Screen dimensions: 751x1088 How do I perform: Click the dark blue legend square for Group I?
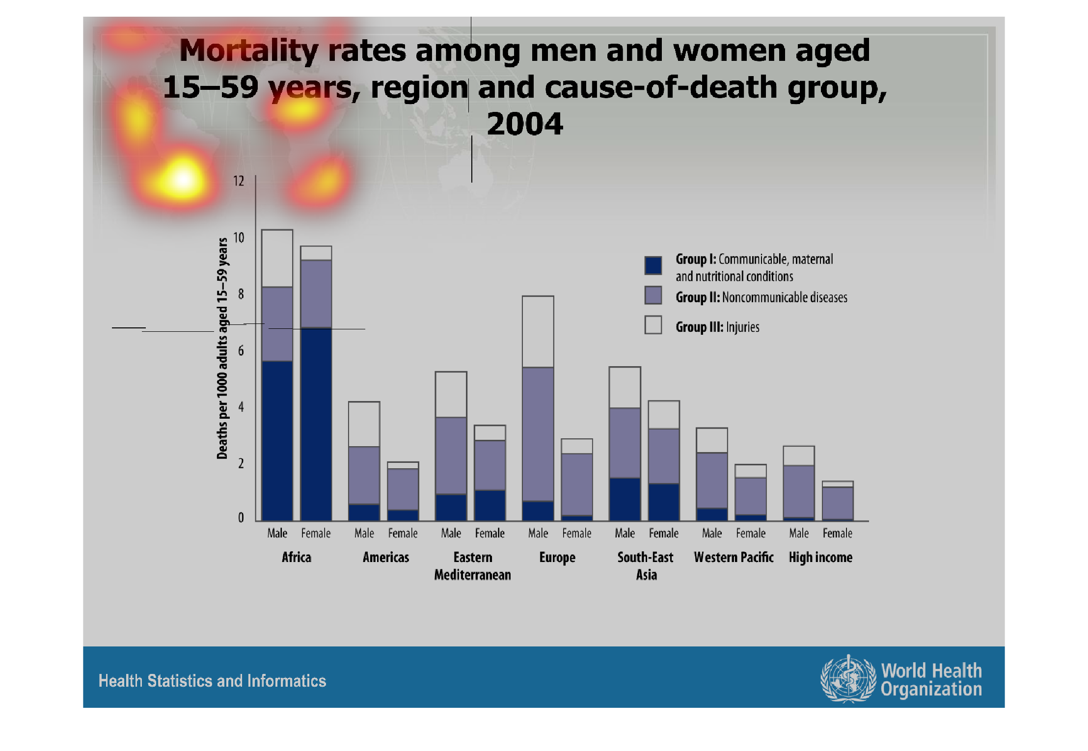pyautogui.click(x=653, y=265)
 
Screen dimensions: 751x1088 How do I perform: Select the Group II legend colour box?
pyautogui.click(x=653, y=295)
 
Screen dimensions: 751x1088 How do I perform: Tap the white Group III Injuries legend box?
pyautogui.click(x=653, y=325)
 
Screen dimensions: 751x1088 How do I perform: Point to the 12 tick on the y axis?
pyautogui.click(x=239, y=181)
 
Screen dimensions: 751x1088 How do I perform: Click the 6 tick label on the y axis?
pyautogui.click(x=241, y=350)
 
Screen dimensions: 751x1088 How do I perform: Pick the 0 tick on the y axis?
pyautogui.click(x=241, y=517)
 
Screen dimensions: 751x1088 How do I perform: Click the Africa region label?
pyautogui.click(x=297, y=558)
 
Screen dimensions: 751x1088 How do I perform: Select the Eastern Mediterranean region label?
pyautogui.click(x=472, y=566)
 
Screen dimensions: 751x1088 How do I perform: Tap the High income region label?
pyautogui.click(x=820, y=558)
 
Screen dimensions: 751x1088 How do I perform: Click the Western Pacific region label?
pyautogui.click(x=734, y=558)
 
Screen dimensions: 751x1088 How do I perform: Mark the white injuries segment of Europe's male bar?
pyautogui.click(x=538, y=332)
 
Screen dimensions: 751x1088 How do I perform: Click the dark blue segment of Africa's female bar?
pyautogui.click(x=316, y=424)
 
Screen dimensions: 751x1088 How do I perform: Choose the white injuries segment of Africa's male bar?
pyautogui.click(x=277, y=258)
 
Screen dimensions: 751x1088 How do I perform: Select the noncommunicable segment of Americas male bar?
pyautogui.click(x=364, y=475)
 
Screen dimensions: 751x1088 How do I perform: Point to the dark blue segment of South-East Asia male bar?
pyautogui.click(x=625, y=499)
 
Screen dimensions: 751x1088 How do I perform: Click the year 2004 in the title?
pyautogui.click(x=525, y=124)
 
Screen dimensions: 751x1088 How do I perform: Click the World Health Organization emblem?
pyautogui.click(x=848, y=679)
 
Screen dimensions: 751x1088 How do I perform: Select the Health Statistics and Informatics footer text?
pyautogui.click(x=212, y=681)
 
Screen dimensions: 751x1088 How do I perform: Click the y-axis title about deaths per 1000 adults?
pyautogui.click(x=222, y=349)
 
